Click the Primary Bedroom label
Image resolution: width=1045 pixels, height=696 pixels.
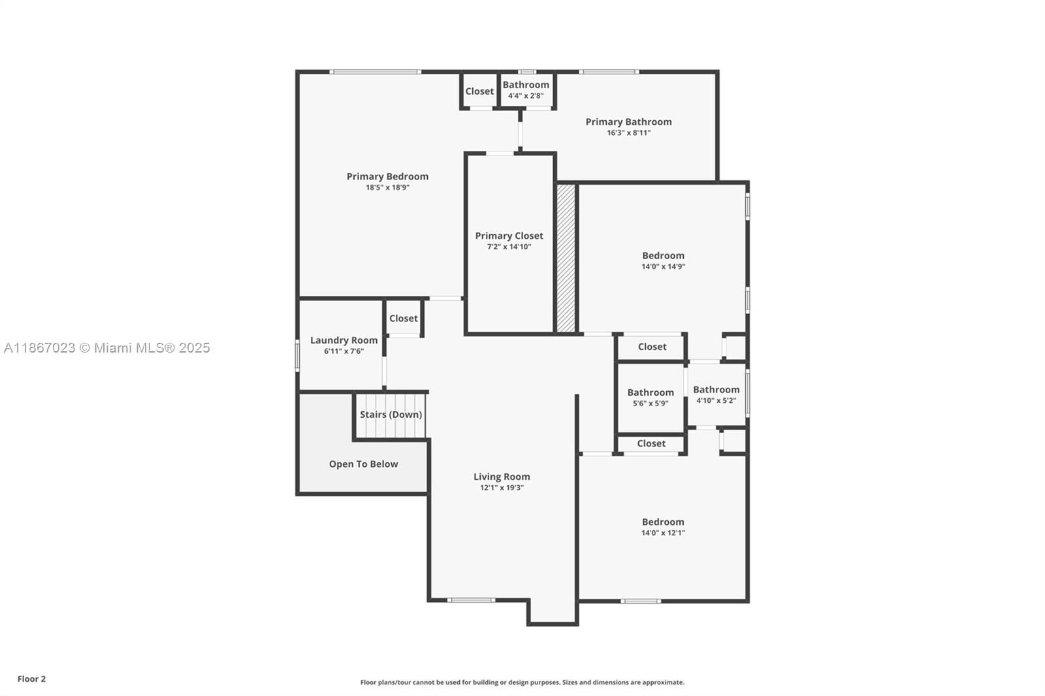387,176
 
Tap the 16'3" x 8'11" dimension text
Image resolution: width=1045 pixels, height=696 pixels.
628,133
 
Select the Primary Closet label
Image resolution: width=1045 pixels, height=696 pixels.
509,236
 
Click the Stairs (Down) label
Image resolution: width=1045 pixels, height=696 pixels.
391,415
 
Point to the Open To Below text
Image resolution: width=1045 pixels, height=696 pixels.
363,464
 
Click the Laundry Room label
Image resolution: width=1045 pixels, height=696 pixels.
344,340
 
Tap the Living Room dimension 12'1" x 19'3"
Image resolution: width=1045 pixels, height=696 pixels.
502,488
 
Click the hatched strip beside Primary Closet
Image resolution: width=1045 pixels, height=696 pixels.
566,259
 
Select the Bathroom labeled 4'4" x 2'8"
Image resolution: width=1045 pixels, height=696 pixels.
526,85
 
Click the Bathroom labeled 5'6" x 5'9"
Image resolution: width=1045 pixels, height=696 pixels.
651,392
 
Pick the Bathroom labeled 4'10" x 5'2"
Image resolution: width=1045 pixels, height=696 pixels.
716,390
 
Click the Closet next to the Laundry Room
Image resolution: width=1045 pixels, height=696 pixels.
403,319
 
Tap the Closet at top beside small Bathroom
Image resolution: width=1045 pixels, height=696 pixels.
479,91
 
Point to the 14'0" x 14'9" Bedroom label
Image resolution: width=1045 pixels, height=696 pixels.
663,256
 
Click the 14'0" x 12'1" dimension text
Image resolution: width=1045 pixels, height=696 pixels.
663,533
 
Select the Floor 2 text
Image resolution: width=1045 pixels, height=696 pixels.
31,679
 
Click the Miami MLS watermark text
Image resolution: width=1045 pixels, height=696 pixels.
107,348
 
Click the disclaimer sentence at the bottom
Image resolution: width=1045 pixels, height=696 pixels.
522,682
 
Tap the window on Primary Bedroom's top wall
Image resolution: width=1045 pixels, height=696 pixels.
375,72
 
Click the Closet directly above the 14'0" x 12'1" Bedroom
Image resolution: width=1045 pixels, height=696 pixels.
651,443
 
